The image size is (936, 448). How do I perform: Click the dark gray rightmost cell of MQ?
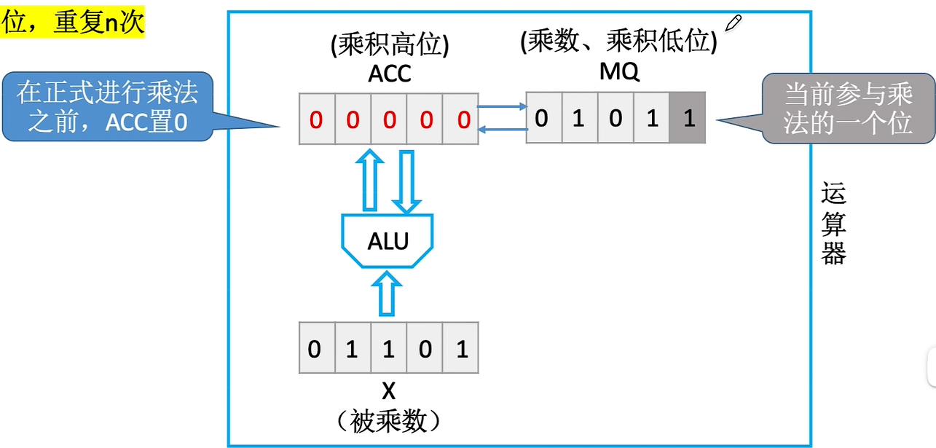click(x=688, y=118)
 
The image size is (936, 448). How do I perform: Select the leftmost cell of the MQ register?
click(x=541, y=118)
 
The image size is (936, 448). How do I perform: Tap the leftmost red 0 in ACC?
click(x=315, y=119)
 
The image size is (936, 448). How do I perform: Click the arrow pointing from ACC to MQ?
click(x=503, y=107)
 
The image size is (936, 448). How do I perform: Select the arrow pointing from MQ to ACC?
click(x=503, y=130)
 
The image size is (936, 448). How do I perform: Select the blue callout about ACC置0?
click(x=108, y=106)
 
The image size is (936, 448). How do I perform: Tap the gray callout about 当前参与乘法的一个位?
click(x=848, y=108)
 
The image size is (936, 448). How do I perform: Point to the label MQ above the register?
click(x=619, y=73)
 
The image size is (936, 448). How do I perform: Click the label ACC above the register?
click(x=390, y=73)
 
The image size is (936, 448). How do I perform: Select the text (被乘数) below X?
click(x=388, y=420)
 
